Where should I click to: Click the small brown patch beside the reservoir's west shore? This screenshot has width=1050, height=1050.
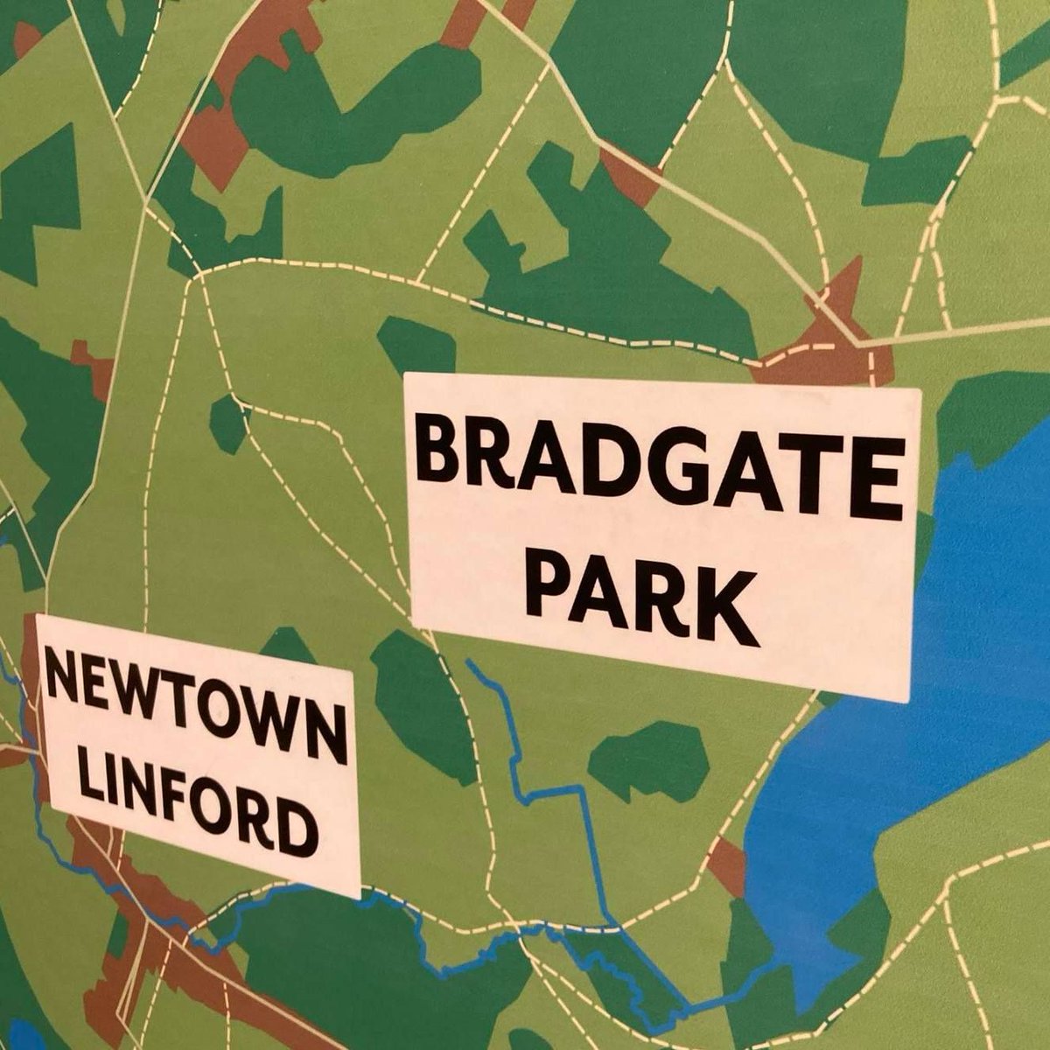tap(726, 866)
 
